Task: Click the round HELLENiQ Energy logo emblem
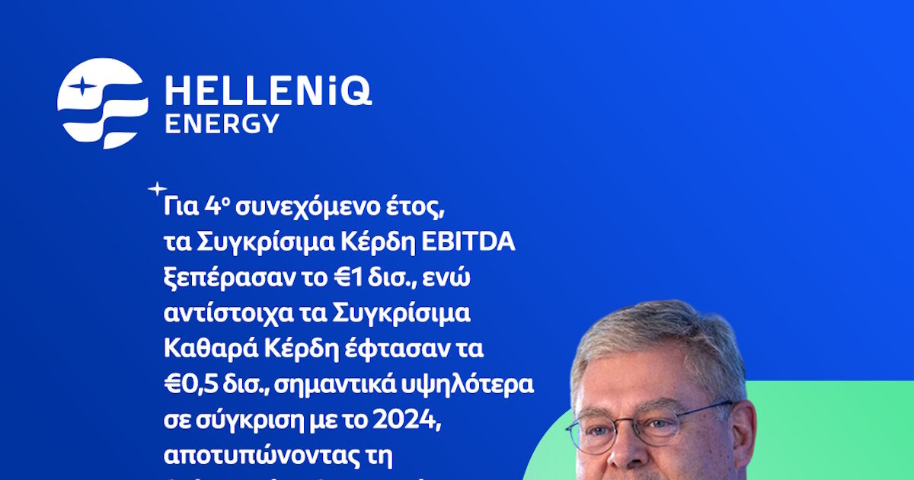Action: coord(102,104)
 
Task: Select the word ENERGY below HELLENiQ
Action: coord(222,124)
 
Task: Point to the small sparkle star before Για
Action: coord(157,188)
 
